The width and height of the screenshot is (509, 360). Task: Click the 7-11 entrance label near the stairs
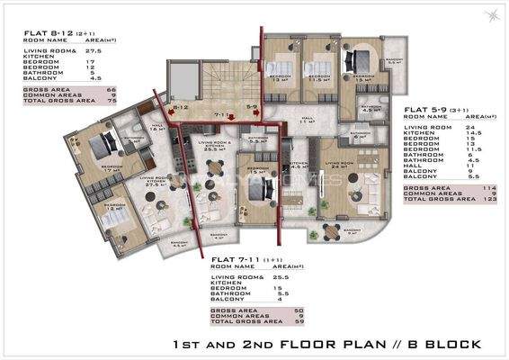coord(221,115)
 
